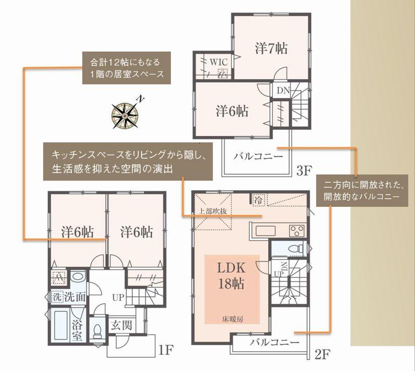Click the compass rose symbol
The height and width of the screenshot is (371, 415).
click(125, 114)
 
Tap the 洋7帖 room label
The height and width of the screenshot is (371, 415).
click(271, 48)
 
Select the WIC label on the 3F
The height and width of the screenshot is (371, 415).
click(219, 61)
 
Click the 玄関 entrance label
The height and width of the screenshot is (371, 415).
click(121, 326)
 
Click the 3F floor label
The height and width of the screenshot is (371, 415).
click(305, 170)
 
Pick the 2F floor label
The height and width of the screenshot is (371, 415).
click(323, 355)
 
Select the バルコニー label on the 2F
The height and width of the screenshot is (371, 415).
click(274, 343)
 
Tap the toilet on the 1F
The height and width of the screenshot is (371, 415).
click(97, 331)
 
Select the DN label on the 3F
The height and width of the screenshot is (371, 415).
click(283, 90)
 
